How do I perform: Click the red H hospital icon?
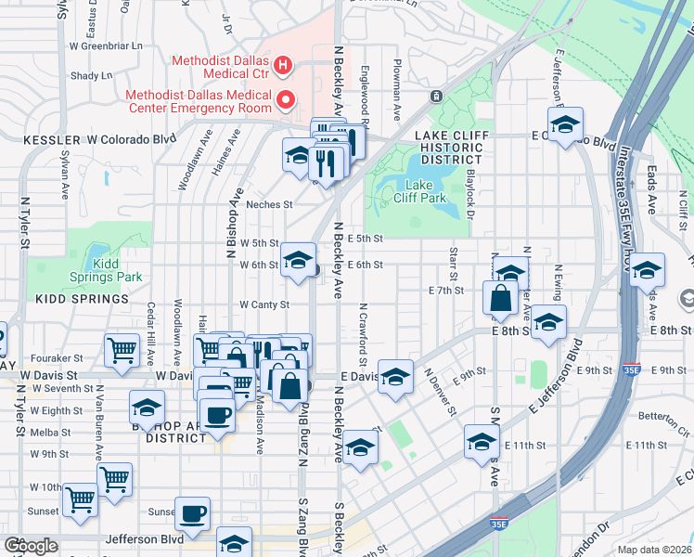(285, 66)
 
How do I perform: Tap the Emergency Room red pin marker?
(287, 99)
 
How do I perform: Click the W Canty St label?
(264, 304)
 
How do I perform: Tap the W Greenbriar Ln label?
(106, 45)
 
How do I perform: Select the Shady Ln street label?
(91, 76)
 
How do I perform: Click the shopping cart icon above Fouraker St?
(122, 349)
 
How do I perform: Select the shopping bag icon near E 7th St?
(499, 297)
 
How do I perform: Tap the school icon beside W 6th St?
(298, 259)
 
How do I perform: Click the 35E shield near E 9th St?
(632, 369)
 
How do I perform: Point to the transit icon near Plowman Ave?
(434, 96)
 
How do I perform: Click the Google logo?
(31, 545)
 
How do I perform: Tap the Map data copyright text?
(654, 550)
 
